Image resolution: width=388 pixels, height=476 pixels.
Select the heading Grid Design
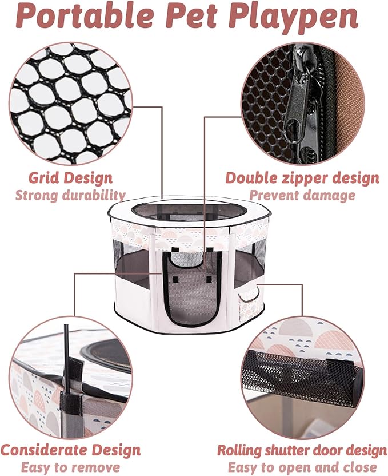70,177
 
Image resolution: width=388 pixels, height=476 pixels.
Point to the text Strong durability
70,195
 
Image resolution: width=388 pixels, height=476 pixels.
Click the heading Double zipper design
302,177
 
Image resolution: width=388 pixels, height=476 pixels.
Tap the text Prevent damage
302,195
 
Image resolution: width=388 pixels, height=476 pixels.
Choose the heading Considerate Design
70,449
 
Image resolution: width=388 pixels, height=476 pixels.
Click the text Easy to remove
70,467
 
